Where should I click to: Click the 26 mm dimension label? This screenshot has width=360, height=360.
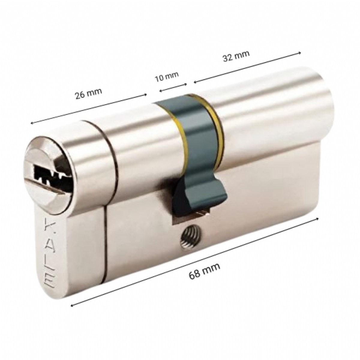[88, 93]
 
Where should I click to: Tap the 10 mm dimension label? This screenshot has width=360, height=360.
[167, 76]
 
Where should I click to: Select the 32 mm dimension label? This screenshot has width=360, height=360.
[236, 56]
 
